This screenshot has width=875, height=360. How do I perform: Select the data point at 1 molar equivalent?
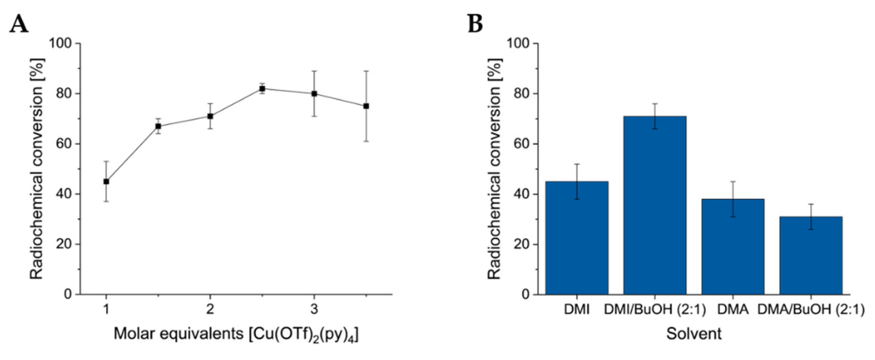(106, 181)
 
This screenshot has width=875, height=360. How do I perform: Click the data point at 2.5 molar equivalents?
(262, 89)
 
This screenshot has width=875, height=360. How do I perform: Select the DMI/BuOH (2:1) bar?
(655, 204)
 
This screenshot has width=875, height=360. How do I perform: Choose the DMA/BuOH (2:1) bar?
(811, 255)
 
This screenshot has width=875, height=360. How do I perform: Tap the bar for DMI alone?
(577, 238)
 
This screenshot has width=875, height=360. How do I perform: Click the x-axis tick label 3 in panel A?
(314, 310)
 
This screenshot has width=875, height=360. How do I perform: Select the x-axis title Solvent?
(694, 334)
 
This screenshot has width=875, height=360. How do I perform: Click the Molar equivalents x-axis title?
(236, 334)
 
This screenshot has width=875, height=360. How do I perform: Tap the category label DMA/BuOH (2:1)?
(811, 310)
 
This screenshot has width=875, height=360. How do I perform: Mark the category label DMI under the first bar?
(577, 310)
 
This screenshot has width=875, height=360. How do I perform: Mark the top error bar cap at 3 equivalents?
(314, 71)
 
